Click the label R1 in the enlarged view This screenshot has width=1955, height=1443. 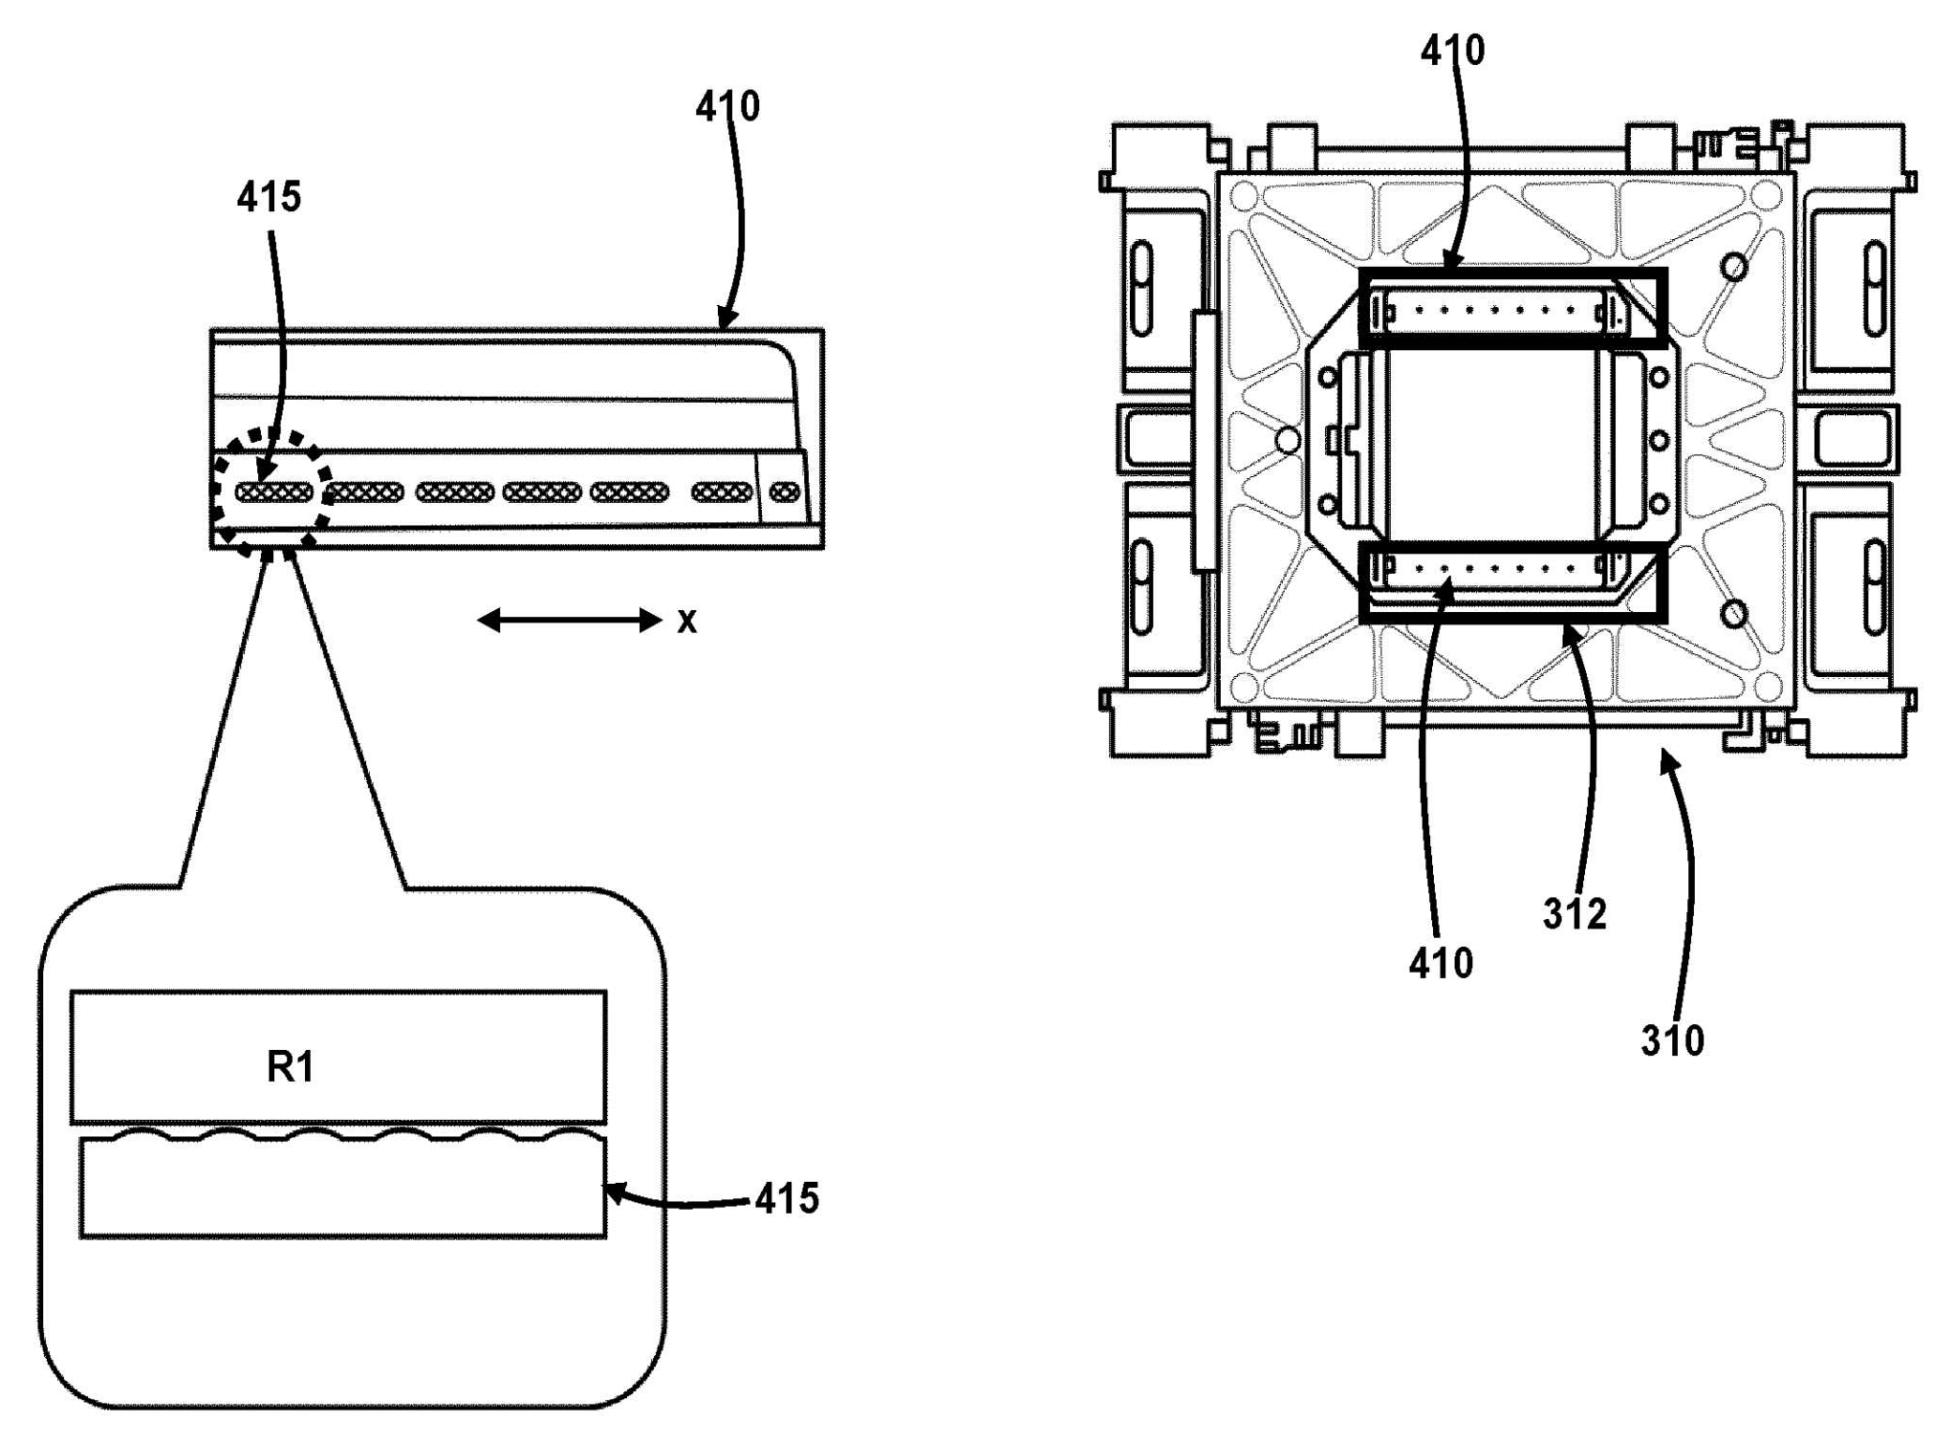[x=290, y=1066]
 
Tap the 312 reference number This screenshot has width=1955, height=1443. [x=1574, y=914]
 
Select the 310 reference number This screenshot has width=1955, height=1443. [x=1672, y=1040]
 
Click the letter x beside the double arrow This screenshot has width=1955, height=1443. [x=686, y=622]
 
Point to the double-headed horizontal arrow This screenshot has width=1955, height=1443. [x=569, y=621]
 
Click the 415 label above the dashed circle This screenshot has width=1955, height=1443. [x=269, y=197]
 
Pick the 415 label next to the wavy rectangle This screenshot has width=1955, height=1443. [x=787, y=1198]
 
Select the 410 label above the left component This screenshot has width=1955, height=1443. [x=728, y=106]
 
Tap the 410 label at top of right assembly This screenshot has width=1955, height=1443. [x=1452, y=50]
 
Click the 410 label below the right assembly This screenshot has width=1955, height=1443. [x=1441, y=963]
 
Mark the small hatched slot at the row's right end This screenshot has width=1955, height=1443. [x=785, y=492]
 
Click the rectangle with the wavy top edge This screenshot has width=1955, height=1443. [x=342, y=1189]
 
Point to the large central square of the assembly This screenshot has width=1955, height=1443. [x=1491, y=440]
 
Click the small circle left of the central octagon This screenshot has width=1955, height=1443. [x=1289, y=440]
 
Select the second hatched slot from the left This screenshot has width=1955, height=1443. [x=364, y=492]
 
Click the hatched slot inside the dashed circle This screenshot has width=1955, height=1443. [x=274, y=492]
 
